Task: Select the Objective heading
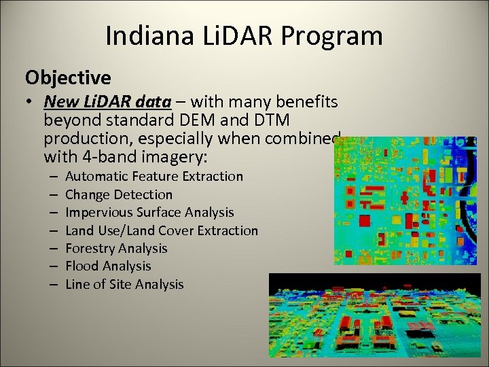[68, 77]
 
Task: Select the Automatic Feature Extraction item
[153, 177]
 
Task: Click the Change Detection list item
[119, 194]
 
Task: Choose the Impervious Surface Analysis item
[149, 213]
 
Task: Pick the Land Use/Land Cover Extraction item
[162, 230]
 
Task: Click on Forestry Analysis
[116, 248]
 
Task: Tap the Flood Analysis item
[108, 266]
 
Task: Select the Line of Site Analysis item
[124, 284]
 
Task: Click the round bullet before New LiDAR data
[31, 103]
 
